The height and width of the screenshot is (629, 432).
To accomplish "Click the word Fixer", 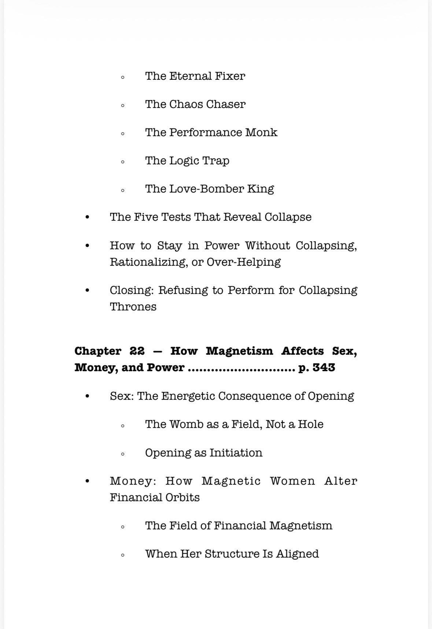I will pyautogui.click(x=230, y=76).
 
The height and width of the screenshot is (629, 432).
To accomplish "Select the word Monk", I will pyautogui.click(x=261, y=133).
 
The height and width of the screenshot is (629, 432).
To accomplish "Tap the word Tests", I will pyautogui.click(x=176, y=217).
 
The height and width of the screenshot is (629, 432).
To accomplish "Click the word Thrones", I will pyautogui.click(x=133, y=307).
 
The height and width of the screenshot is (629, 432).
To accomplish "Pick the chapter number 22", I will pyautogui.click(x=137, y=351).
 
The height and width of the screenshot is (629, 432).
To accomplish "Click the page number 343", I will pyautogui.click(x=324, y=368).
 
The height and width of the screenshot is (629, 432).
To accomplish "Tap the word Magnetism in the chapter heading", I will pyautogui.click(x=239, y=351).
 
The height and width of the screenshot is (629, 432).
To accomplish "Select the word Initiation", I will pyautogui.click(x=236, y=453).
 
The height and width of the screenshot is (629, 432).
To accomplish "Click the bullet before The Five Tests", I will pyautogui.click(x=87, y=217).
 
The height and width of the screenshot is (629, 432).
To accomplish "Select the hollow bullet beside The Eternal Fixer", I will pyautogui.click(x=123, y=77).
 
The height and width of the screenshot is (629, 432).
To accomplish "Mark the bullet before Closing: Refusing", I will pyautogui.click(x=87, y=291).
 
